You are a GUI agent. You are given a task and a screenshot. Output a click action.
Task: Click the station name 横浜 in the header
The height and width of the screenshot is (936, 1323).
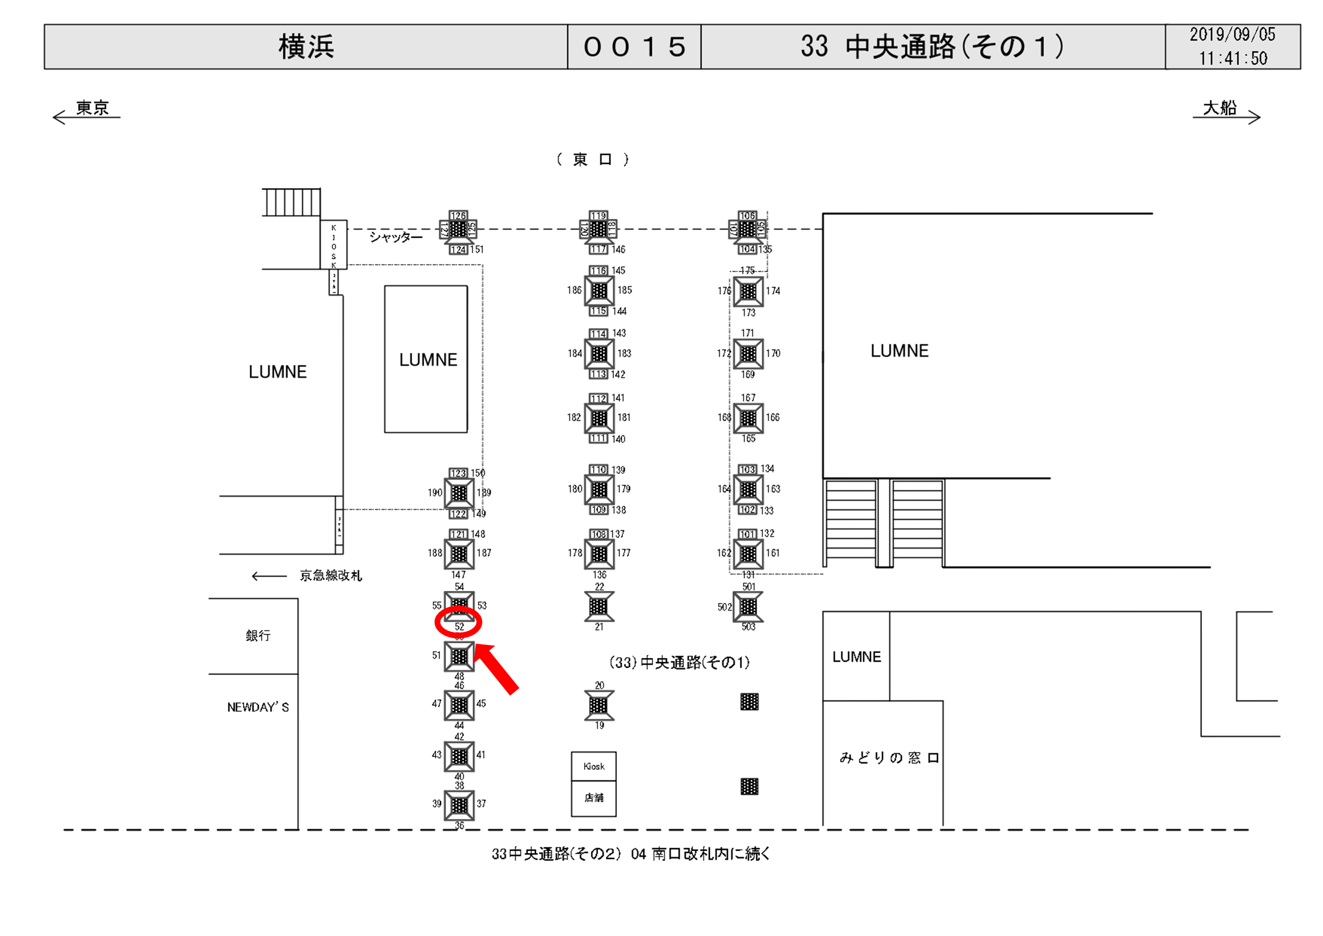pyautogui.click(x=306, y=47)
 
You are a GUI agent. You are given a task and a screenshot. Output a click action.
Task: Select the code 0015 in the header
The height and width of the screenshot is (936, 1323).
pyautogui.click(x=634, y=47)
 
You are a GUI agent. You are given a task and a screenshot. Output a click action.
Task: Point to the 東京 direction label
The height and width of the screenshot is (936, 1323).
pyautogui.click(x=92, y=108)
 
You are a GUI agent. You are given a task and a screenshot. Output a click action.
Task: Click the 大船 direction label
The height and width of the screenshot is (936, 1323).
pyautogui.click(x=1219, y=108)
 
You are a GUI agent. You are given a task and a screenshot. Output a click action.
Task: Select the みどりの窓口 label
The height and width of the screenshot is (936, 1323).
pyautogui.click(x=889, y=757)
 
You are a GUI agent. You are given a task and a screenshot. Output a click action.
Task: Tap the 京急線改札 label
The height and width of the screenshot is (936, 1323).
pyautogui.click(x=330, y=575)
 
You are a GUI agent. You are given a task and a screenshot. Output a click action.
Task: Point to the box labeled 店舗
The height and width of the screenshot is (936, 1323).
pyautogui.click(x=593, y=798)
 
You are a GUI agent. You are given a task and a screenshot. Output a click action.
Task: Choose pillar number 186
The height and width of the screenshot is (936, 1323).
pyautogui.click(x=574, y=290)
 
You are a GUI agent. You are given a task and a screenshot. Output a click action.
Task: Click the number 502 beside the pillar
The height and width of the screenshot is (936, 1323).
pyautogui.click(x=724, y=607)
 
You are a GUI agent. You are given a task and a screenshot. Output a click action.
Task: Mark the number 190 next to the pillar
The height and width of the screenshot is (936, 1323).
pyautogui.click(x=434, y=493)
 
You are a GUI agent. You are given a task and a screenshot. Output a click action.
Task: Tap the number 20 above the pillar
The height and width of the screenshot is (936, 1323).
pyautogui.click(x=599, y=685)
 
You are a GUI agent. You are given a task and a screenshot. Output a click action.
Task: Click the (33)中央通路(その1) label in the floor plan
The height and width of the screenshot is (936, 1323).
pyautogui.click(x=680, y=663)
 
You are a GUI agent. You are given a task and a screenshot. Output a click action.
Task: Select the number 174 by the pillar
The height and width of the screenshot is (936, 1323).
pyautogui.click(x=773, y=291)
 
